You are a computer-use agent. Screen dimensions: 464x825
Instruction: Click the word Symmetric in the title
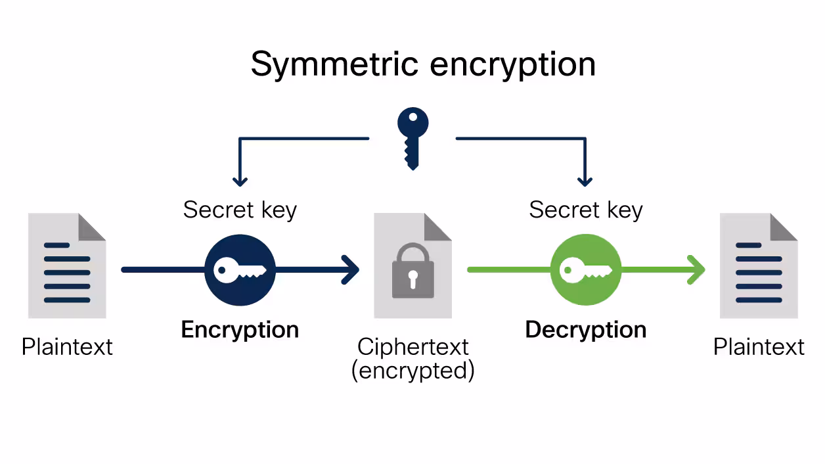[334, 65]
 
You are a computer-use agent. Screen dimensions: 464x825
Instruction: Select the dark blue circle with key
[240, 270]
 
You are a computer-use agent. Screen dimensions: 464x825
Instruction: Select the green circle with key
[586, 270]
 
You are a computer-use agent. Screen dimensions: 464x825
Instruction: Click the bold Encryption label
[240, 329]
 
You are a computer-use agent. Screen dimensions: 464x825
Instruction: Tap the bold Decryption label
[586, 329]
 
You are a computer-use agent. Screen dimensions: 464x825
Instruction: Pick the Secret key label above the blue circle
[240, 210]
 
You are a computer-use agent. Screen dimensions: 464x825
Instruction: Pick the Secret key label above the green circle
[586, 210]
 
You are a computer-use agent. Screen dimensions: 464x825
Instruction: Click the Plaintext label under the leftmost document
[67, 347]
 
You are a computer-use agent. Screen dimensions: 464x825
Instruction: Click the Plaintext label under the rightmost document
[759, 347]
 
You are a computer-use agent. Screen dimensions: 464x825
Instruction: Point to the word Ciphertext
[413, 347]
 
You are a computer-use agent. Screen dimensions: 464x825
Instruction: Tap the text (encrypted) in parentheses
[413, 371]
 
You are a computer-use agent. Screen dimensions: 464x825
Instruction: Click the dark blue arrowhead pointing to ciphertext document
[351, 270]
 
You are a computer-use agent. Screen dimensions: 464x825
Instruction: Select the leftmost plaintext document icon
[67, 266]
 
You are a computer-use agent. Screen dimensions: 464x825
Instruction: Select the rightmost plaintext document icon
[759, 266]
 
